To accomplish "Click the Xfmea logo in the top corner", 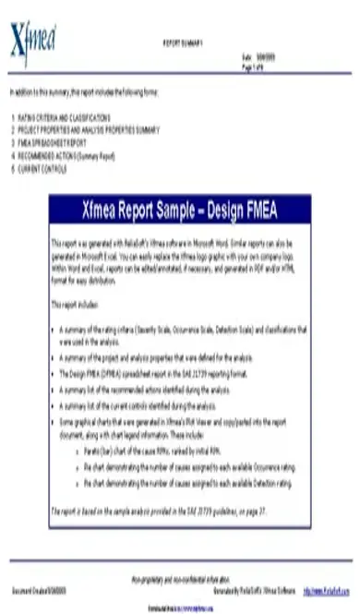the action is click(32, 40).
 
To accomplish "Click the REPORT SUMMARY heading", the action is click(184, 42).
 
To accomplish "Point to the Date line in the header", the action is click(254, 57).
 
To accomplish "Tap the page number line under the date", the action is click(252, 65).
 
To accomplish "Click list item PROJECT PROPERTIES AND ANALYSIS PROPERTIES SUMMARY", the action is click(89, 128).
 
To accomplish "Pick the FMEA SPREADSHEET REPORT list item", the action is click(54, 138).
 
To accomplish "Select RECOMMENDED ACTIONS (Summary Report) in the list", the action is click(66, 147).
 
